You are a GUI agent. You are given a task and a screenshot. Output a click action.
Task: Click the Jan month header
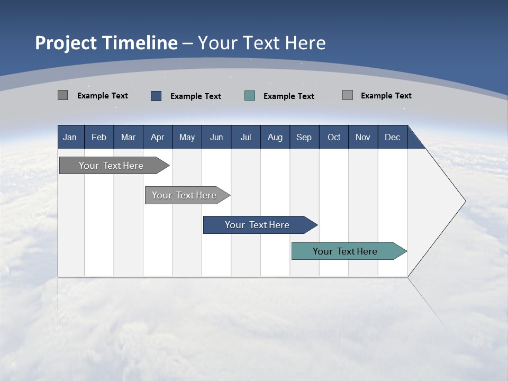[70, 137]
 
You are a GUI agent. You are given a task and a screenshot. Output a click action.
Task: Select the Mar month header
[128, 137]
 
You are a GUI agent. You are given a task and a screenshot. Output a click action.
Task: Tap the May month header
[187, 137]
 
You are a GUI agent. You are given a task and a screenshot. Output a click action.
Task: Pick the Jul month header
[246, 137]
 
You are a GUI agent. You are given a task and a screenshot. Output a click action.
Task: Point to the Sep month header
[304, 137]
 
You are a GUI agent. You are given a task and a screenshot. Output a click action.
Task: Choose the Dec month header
[392, 137]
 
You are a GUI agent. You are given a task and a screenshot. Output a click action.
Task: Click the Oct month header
[334, 137]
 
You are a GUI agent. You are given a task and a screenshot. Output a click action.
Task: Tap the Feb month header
[99, 137]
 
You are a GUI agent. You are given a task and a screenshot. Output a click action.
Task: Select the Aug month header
[275, 137]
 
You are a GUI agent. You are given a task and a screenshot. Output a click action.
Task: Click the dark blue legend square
[156, 96]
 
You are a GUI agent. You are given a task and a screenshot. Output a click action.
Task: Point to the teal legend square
[250, 96]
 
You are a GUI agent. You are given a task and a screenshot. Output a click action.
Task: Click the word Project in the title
[66, 43]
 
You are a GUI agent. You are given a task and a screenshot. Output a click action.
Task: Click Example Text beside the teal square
[288, 96]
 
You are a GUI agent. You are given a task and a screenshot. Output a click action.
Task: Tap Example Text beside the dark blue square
[195, 96]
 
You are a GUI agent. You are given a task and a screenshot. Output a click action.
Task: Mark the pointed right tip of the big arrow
[465, 201]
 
